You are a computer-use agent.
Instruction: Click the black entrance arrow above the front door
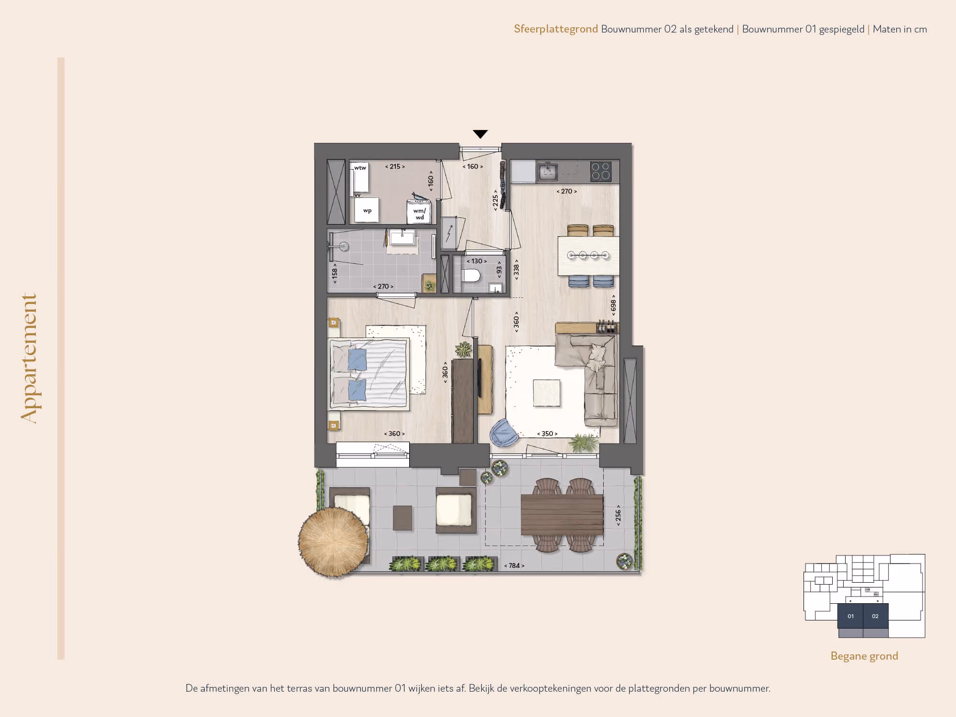point(480,134)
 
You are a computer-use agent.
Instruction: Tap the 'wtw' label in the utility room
point(360,168)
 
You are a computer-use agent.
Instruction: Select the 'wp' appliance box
point(367,210)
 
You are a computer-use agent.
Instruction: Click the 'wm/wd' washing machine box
point(419,212)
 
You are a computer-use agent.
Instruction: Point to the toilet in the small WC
point(471,276)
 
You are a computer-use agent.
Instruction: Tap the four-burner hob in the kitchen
point(601,171)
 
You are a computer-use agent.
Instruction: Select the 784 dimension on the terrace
point(514,565)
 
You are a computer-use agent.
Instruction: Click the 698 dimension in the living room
point(613,305)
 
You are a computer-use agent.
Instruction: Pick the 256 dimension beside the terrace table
point(618,515)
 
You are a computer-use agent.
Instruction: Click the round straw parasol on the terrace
point(334,542)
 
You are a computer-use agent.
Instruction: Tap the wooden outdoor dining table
point(562,515)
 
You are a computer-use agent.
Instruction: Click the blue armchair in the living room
point(502,433)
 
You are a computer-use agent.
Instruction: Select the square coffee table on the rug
point(547,393)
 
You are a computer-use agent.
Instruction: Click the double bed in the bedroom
point(369,374)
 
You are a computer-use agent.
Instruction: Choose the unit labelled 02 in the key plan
point(876,616)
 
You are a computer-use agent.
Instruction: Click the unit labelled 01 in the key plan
point(850,616)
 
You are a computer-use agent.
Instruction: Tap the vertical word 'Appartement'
point(29,358)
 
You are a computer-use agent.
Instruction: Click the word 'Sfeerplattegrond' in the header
point(556,29)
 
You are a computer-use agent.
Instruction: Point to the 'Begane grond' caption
point(864,656)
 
